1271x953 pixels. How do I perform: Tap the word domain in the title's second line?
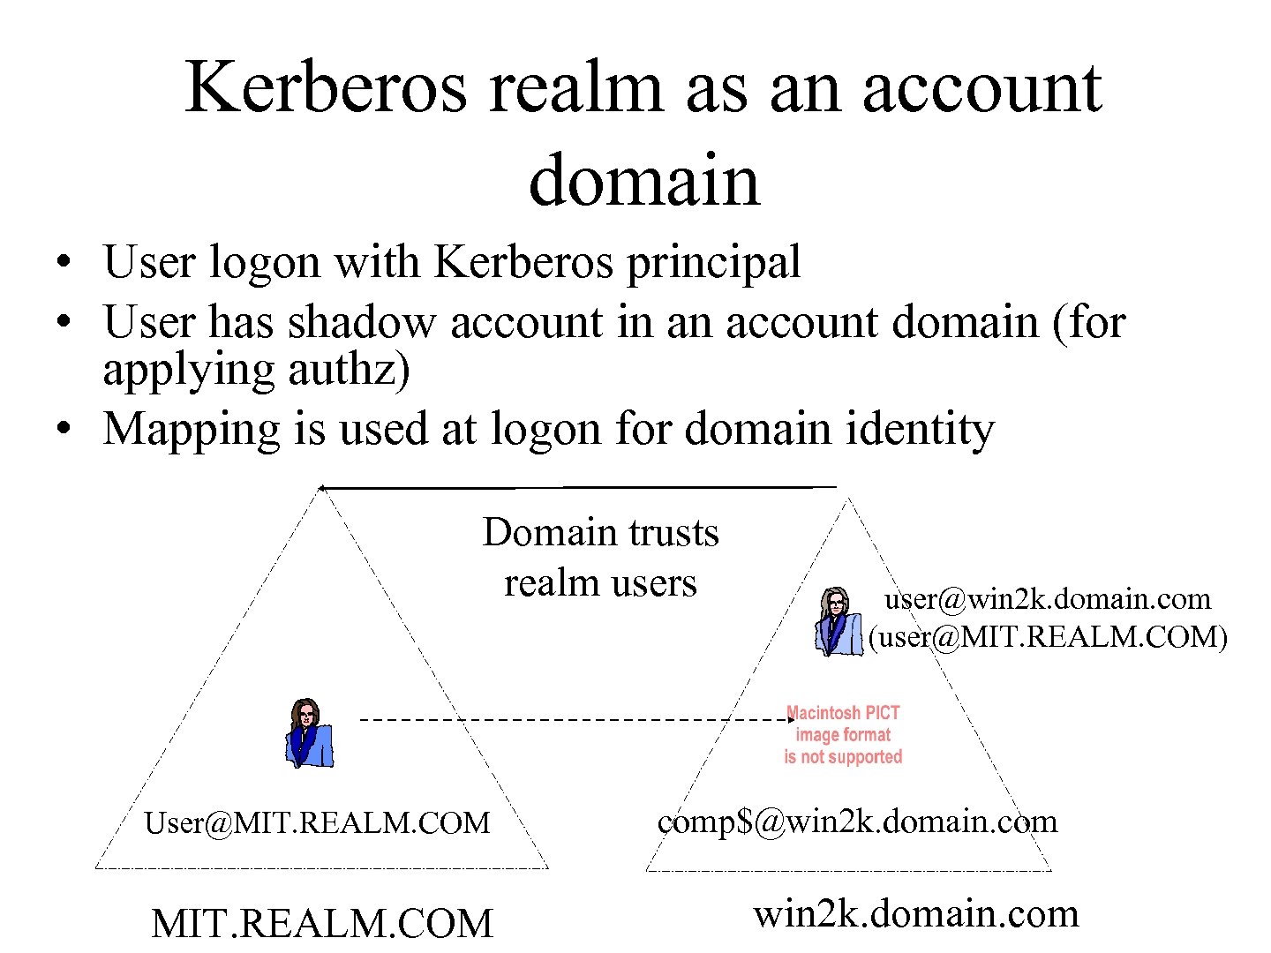643,179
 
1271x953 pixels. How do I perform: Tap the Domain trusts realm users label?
600,558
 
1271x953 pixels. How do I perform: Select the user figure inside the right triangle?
837,622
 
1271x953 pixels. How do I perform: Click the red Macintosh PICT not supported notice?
843,735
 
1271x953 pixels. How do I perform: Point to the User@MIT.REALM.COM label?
317,823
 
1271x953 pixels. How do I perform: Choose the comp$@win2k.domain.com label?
857,822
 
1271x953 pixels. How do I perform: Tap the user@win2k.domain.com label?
1048,599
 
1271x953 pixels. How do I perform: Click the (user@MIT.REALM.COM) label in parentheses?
1048,636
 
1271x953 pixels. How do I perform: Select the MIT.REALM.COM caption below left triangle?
322,924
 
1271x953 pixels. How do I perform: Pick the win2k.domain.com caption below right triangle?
915,913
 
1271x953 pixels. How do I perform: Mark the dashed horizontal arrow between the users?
574,720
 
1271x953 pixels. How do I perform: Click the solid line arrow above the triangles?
578,487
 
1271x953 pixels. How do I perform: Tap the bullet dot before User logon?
61,262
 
